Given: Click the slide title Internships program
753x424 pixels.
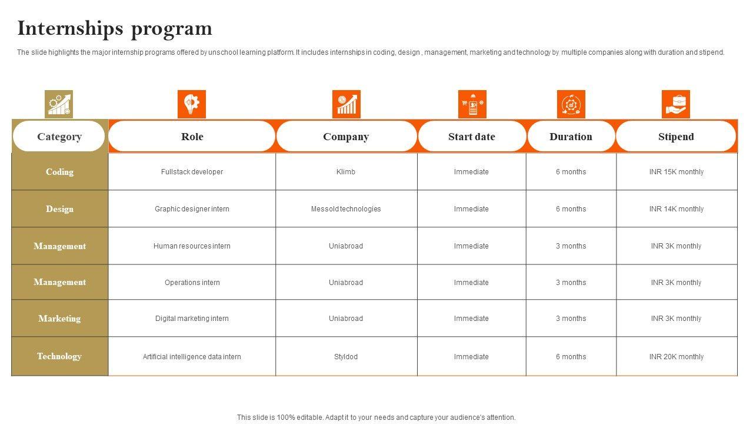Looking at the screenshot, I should point(115,28).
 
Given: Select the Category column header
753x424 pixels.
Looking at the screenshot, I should point(59,137).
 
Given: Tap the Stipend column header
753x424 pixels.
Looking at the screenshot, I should point(676,137).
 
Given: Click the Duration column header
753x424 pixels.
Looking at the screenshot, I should point(571,137).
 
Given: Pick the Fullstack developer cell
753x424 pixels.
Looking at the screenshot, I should point(192,172).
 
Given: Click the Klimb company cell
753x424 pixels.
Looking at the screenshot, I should point(346,172).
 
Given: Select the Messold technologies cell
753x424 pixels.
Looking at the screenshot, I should point(346,209).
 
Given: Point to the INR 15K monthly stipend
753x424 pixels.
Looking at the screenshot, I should point(676,172).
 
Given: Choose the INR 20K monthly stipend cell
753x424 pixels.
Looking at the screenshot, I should point(676,357).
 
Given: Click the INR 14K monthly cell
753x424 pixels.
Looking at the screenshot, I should point(676,209).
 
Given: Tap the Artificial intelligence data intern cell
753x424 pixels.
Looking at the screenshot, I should point(192,357).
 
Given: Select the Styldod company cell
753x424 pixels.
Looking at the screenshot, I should point(346,357).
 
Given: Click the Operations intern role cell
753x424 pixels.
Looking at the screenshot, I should point(192,283).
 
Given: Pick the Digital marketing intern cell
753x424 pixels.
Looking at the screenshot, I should point(192,319).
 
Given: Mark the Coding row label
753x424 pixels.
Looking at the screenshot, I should point(59,172).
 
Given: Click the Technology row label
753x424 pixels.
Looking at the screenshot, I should point(59,356).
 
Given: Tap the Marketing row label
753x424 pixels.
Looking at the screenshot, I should point(59,319).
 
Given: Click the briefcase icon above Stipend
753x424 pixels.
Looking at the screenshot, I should point(676,104).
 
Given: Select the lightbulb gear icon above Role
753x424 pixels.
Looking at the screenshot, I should point(192,104).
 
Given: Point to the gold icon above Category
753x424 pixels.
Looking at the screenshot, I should point(59,104).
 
